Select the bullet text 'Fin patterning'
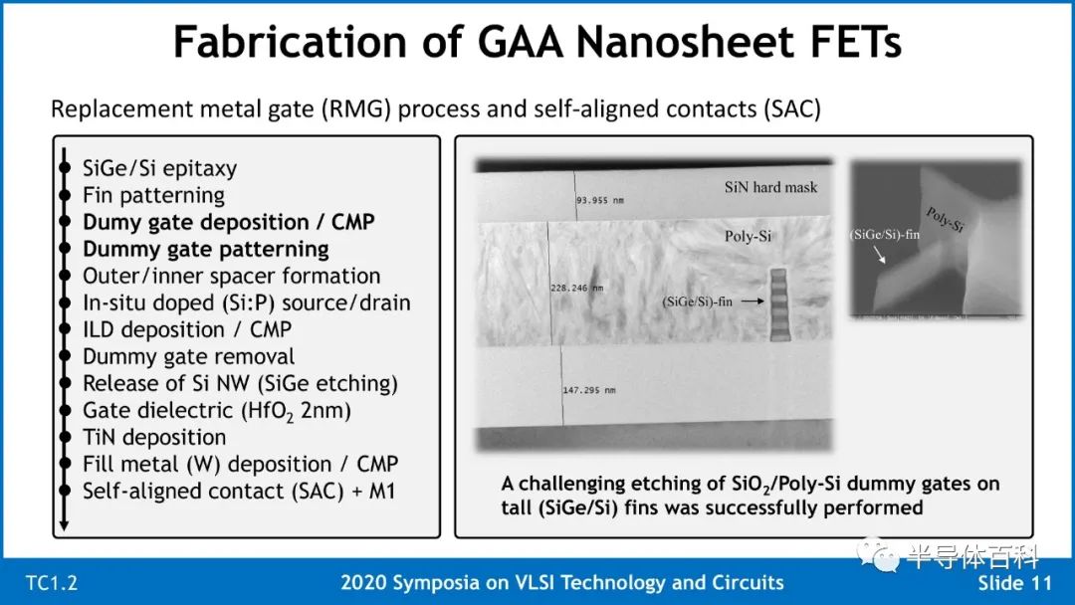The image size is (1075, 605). tap(153, 195)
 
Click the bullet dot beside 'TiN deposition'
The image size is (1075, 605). tap(65, 437)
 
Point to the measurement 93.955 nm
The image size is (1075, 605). tap(600, 200)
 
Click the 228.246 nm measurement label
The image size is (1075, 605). tap(576, 288)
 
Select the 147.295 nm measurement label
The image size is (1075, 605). tap(589, 390)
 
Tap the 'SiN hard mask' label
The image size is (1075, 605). tap(770, 187)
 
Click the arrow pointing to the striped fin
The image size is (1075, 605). tap(752, 301)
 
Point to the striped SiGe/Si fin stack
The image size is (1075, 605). tap(778, 304)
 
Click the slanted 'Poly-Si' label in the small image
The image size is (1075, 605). tap(946, 219)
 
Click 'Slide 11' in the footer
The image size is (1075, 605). tap(1014, 583)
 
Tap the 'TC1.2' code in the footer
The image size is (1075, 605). tap(52, 583)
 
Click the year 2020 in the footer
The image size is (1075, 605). tap(363, 582)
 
